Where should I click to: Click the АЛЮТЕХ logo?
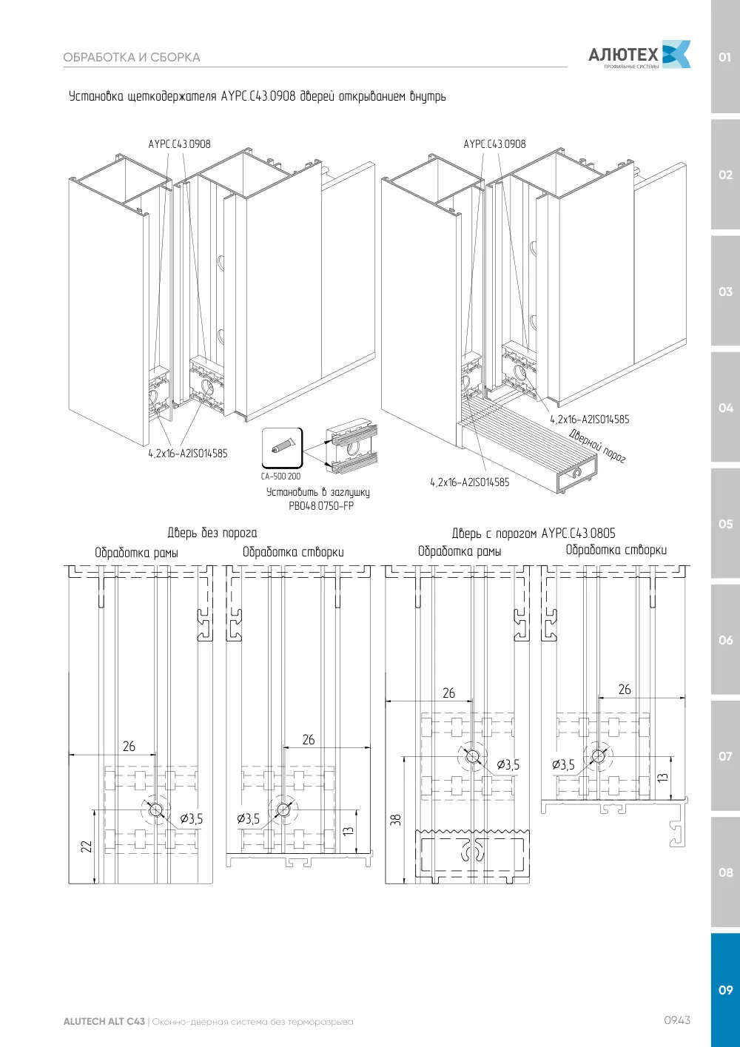[x=639, y=55]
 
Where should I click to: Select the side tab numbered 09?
[x=725, y=990]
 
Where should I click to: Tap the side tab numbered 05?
[x=725, y=524]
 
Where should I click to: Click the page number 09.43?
[x=677, y=1020]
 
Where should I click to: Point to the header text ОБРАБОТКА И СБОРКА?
[x=132, y=57]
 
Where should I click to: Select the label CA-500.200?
[x=280, y=477]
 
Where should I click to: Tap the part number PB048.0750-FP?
[x=321, y=505]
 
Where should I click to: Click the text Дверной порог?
[x=597, y=446]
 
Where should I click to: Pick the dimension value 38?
[x=395, y=819]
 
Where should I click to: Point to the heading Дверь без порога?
[x=212, y=533]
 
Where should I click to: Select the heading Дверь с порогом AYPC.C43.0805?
[x=534, y=533]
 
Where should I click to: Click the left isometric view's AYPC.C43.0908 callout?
[x=180, y=144]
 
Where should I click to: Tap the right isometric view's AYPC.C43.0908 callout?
[x=494, y=144]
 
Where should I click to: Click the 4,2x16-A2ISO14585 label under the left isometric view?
[x=188, y=454]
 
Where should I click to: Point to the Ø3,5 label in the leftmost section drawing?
[x=192, y=818]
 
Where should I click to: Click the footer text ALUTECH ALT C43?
[x=104, y=1021]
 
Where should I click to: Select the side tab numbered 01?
[x=724, y=57]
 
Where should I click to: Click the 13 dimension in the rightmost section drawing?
[x=662, y=778]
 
